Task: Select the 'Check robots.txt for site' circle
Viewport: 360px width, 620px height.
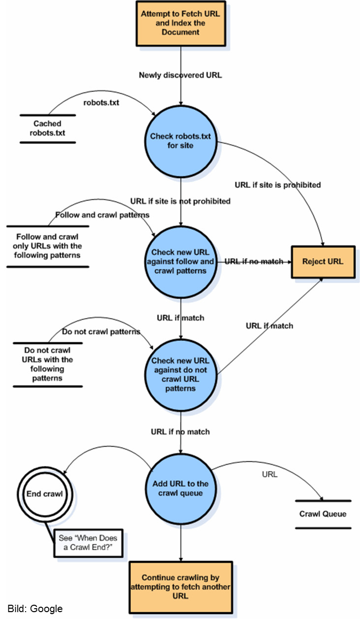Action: (180, 142)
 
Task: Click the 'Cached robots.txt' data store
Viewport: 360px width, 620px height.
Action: (47, 128)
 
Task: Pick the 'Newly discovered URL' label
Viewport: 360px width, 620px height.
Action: (180, 75)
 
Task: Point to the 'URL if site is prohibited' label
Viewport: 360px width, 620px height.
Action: (278, 185)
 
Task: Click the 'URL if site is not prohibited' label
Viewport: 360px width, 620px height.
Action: (180, 201)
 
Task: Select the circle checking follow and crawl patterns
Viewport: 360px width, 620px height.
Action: (180, 261)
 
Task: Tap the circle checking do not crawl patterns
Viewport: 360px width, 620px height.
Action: (180, 375)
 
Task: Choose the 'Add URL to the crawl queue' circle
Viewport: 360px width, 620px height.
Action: (180, 488)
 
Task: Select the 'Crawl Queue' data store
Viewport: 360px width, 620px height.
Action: (323, 514)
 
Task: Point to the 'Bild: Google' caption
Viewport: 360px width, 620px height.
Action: (35, 609)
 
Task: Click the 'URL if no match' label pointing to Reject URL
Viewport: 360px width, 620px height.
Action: (254, 261)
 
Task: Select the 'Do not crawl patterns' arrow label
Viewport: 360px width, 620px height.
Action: (101, 331)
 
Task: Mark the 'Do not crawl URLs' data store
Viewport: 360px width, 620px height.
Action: (47, 364)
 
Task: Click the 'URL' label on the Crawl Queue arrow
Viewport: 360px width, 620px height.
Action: (270, 474)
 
